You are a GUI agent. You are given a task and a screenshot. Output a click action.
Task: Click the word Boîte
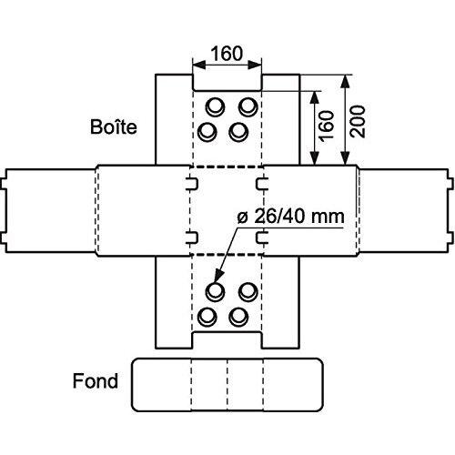[114, 126]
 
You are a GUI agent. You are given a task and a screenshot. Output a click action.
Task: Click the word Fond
[96, 381]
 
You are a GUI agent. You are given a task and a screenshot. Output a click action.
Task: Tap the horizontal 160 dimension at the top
[227, 54]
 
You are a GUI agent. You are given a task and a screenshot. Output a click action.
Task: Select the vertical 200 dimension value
[358, 121]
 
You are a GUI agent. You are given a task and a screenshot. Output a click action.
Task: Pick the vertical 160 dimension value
[326, 126]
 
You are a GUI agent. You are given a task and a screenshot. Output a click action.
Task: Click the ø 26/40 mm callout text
[290, 217]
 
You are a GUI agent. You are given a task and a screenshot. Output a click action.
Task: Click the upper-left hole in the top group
[215, 106]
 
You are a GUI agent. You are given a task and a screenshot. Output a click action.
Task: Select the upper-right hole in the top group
[248, 106]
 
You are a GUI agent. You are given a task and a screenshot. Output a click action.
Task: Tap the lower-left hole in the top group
[207, 132]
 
